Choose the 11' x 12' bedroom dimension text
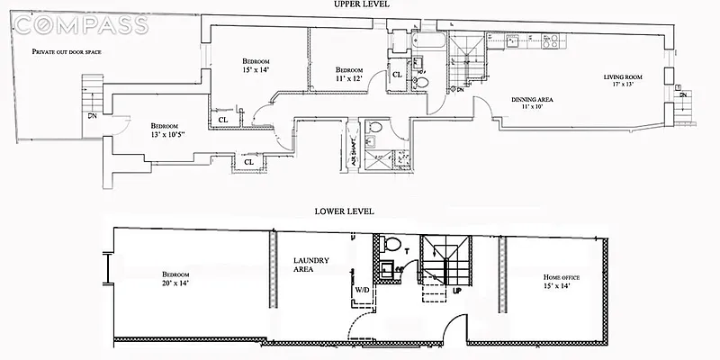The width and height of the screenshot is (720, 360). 348,80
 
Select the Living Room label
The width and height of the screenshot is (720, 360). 624,77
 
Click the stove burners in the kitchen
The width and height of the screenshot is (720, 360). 549,40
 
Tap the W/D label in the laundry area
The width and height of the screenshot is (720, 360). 360,291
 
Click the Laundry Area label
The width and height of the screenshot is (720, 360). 310,266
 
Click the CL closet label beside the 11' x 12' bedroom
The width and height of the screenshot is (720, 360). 397,75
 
